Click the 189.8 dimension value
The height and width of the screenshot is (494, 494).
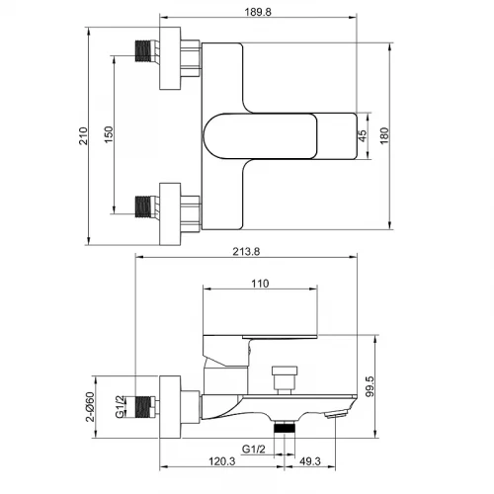point(258,12)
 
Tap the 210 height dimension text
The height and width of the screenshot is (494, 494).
point(83,135)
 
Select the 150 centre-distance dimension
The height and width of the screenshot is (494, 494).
point(109,134)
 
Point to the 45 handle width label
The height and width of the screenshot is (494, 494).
point(362,135)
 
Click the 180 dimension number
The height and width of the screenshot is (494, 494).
point(384,135)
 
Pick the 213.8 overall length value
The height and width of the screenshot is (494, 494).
point(246,252)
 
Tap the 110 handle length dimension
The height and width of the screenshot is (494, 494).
point(260,284)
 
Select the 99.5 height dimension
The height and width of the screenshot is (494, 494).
point(370,386)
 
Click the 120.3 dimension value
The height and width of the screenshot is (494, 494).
point(222,461)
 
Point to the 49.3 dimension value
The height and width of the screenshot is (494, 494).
point(310,461)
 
